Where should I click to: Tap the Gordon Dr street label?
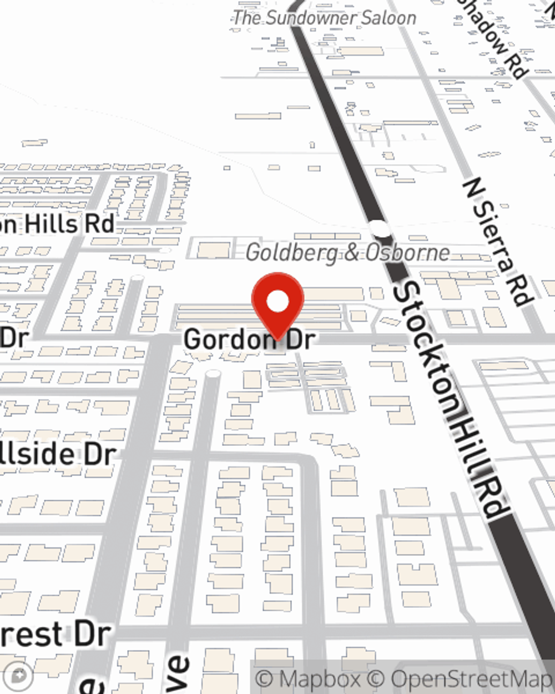pos(249,339)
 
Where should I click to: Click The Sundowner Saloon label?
pos(325,18)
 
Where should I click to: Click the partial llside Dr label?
pos(58,454)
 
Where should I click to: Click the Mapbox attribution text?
pos(310,679)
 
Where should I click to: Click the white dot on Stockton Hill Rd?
pos(380,228)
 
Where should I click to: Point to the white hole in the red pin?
pos(277,301)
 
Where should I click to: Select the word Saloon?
pos(389,18)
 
